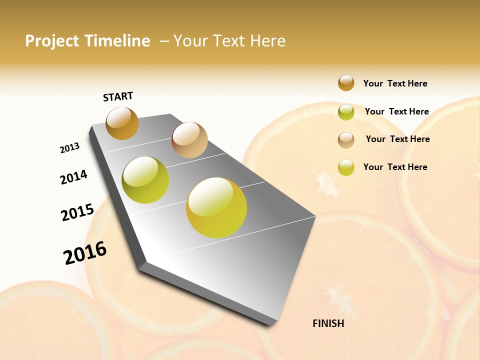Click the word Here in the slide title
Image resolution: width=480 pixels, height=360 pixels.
click(267, 41)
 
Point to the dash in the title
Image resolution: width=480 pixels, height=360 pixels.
click(163, 41)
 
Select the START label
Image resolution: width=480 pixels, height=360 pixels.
click(118, 96)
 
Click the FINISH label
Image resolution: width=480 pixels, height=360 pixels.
click(328, 323)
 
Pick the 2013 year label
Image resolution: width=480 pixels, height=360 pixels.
click(69, 148)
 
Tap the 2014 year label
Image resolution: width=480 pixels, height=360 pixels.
click(73, 177)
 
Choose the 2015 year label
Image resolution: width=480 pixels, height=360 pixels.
click(77, 212)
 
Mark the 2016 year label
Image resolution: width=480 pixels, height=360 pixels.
click(85, 252)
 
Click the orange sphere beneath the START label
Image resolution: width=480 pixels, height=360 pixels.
click(122, 123)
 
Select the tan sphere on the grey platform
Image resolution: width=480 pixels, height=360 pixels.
click(189, 140)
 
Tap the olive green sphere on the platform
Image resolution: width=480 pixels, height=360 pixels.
click(145, 180)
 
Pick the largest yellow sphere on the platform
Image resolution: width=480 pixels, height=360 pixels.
click(216, 207)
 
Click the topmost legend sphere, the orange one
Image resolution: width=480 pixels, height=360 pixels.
click(346, 83)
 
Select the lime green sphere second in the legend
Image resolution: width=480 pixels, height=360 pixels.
click(346, 112)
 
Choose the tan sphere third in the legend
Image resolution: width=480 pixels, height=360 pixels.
click(346, 140)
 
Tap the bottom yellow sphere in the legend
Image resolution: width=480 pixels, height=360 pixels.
click(346, 167)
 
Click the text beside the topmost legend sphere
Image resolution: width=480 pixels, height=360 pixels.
click(395, 83)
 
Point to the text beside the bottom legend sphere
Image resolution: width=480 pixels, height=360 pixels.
click(395, 167)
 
